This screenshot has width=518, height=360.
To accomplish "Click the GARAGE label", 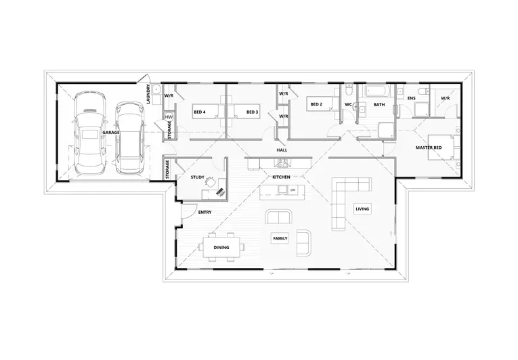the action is coord(110,133).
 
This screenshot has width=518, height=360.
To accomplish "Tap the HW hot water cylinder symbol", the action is coord(169,117).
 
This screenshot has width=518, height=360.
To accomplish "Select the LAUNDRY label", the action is coord(148,94).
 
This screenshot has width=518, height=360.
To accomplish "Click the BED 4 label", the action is coord(200,112).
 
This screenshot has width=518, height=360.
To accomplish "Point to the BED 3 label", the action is coord(253,112).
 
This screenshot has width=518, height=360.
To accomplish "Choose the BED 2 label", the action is coord(316,104).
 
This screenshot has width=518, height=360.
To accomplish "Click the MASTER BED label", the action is coord(429,148).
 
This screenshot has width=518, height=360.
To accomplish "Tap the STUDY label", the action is coord(197,177).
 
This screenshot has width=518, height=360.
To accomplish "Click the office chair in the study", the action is coord(210,181).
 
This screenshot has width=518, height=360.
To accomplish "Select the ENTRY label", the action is coord(204,212).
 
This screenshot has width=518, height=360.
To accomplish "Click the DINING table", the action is coord(221,248).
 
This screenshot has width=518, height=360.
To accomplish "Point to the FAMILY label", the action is coord(280,238).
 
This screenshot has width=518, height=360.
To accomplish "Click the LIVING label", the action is coord(362,209).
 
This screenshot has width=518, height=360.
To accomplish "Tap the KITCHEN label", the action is coord(281,177).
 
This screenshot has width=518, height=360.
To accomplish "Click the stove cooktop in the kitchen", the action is coord(282,162).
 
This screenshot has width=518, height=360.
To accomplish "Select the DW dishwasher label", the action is coord(293,190).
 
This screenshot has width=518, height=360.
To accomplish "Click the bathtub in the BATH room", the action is coord(377,90).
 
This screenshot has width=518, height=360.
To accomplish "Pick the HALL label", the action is coord(282,150).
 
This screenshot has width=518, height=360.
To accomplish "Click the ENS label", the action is coord(411,98).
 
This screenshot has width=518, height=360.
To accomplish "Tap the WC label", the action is coord(348,105).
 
